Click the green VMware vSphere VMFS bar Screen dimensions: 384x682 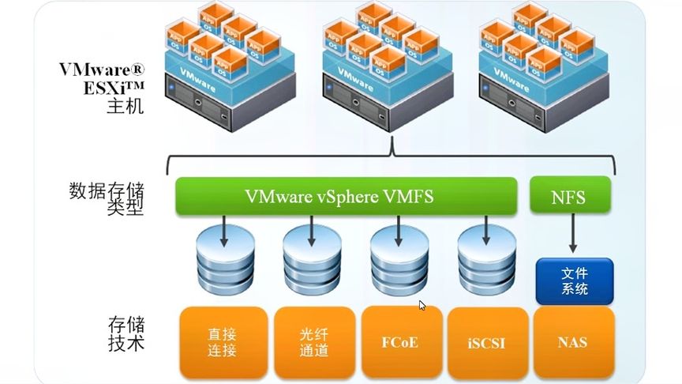344,196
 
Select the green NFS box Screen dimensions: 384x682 569,196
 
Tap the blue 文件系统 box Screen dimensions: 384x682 575,280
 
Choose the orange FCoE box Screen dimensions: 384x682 400,341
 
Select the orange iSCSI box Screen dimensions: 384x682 487,341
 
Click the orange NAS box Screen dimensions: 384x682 573,341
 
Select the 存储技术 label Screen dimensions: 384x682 126,333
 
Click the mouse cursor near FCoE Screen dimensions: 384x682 422,305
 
